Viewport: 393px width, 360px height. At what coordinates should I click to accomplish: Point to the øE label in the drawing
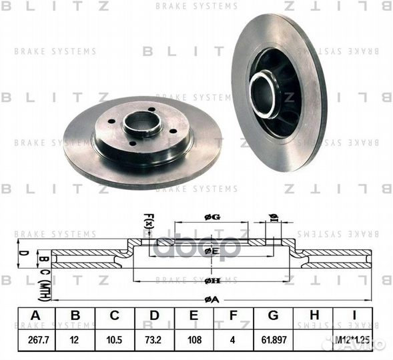(212, 251)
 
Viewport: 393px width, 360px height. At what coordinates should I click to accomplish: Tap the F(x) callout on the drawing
(149, 221)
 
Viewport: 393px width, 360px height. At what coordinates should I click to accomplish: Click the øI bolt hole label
(273, 217)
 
